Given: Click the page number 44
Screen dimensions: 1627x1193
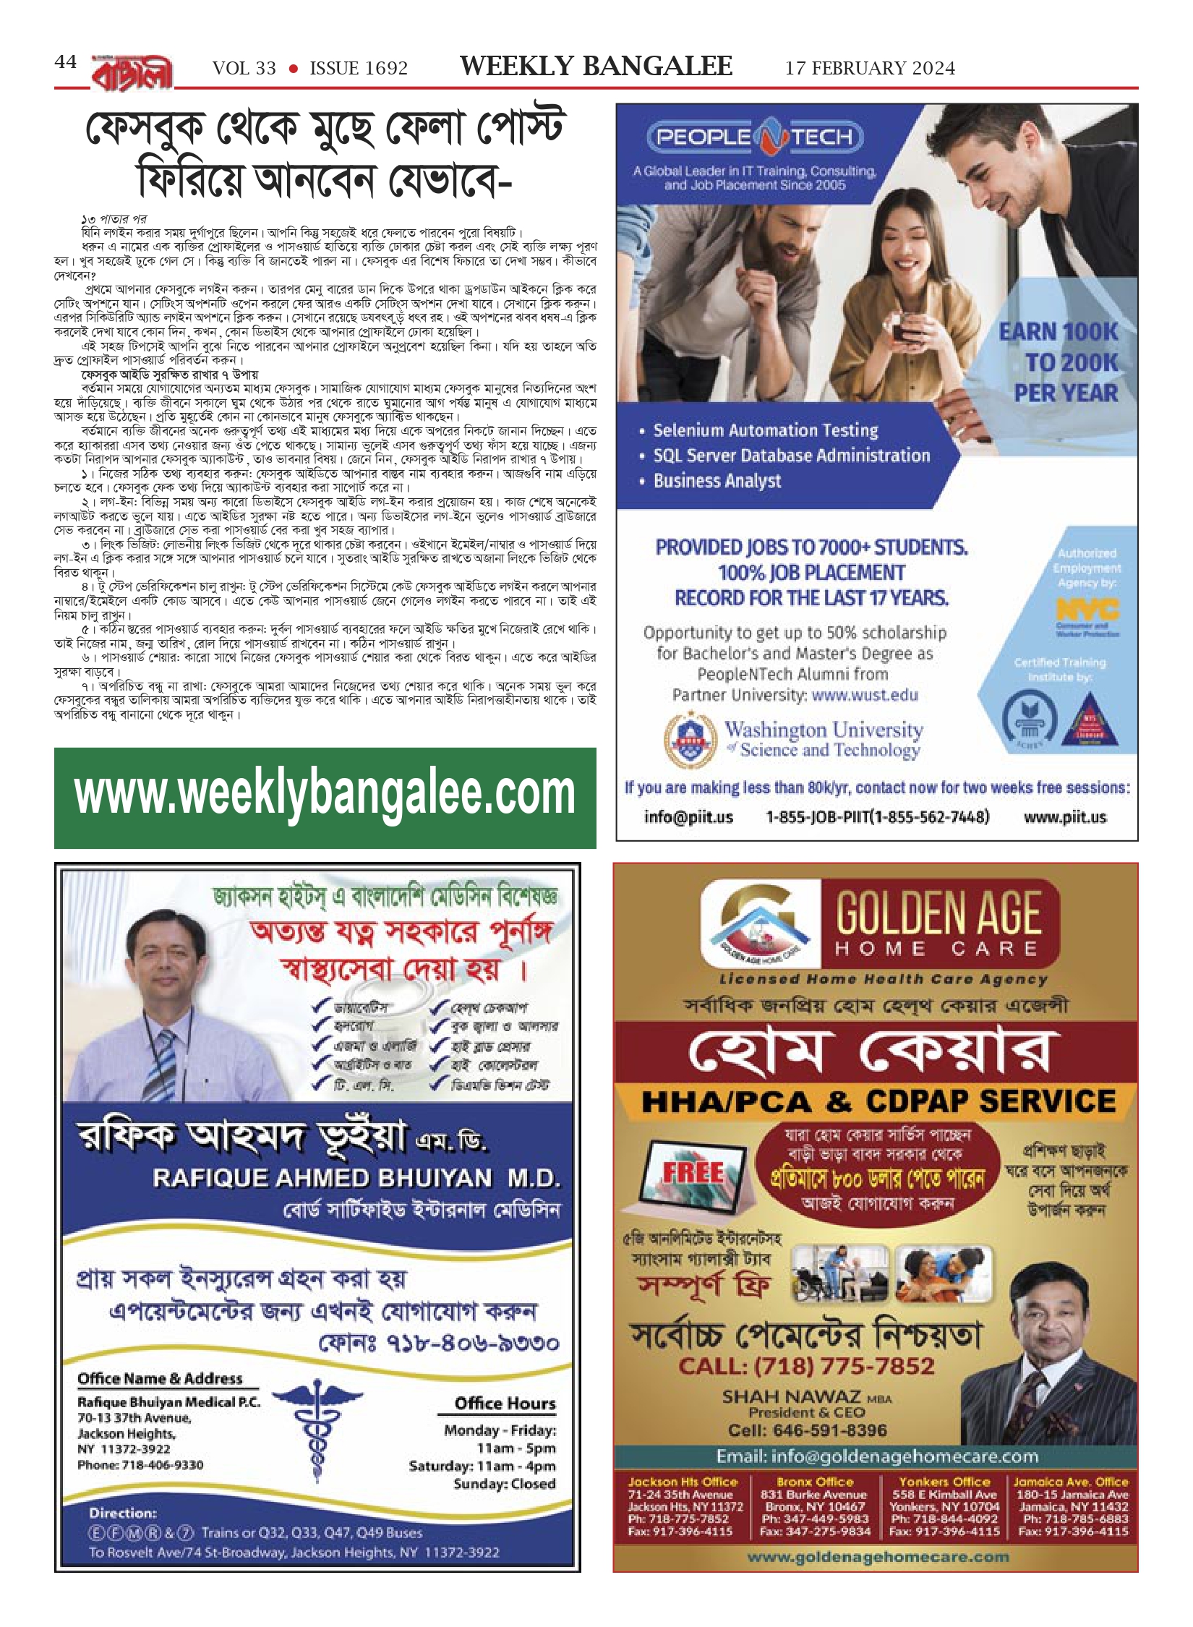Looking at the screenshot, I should click(x=65, y=62).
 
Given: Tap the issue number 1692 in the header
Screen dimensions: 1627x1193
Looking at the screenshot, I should click(x=359, y=69).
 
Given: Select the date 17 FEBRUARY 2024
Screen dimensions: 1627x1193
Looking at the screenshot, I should click(x=870, y=69).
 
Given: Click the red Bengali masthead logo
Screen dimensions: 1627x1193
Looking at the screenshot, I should click(x=132, y=73).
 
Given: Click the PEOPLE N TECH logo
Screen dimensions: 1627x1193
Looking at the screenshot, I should click(x=754, y=137).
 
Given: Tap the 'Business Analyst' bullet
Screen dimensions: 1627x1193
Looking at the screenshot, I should click(x=717, y=482).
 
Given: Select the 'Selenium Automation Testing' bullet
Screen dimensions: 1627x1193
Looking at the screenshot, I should click(x=765, y=431).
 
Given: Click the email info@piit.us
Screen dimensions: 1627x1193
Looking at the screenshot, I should click(x=688, y=817).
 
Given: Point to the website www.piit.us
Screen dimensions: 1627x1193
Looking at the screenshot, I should click(x=1064, y=817).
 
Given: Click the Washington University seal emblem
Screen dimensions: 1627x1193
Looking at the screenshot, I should click(x=685, y=740).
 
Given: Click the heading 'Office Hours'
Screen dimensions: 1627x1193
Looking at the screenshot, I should click(x=505, y=1404).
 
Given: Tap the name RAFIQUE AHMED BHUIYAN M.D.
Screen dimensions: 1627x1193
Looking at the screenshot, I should click(x=356, y=1179).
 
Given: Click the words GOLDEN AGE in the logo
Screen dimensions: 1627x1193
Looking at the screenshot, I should click(x=938, y=914).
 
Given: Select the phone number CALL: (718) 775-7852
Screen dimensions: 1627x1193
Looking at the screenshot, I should click(x=806, y=1366).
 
